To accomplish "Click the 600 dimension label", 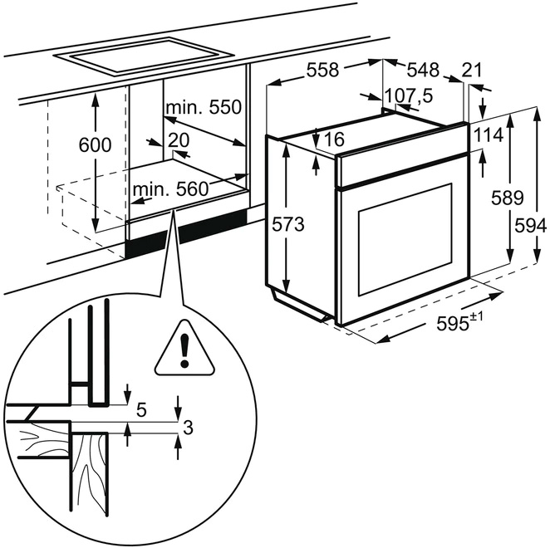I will click(x=95, y=145).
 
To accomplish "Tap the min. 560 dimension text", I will click(x=169, y=190).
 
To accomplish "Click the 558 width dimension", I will click(x=322, y=71).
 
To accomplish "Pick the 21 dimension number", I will click(x=472, y=71).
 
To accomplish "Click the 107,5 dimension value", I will click(x=413, y=96).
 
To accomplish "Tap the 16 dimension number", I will click(x=335, y=140).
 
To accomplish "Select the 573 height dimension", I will click(x=288, y=224).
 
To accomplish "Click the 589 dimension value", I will click(x=507, y=198).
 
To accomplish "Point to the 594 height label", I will click(x=533, y=225).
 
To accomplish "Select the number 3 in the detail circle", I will click(x=188, y=428).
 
